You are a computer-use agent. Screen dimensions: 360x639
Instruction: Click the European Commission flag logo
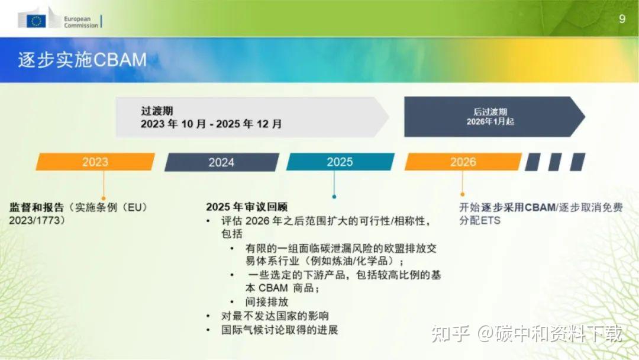tap(37, 21)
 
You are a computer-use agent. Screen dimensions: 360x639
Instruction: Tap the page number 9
tap(622, 19)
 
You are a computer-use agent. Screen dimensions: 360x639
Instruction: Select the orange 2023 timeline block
tap(95, 162)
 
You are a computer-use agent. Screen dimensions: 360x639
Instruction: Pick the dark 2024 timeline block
tap(221, 162)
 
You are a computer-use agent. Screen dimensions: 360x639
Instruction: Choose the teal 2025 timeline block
tap(340, 162)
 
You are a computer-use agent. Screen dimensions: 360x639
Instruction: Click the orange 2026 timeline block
tap(463, 162)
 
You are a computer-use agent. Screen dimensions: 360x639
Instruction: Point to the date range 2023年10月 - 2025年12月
tap(211, 124)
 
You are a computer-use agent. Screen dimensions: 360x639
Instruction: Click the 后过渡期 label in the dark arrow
tap(490, 111)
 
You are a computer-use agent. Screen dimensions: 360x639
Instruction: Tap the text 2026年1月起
tap(490, 121)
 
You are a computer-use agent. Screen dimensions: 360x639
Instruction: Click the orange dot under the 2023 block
tap(103, 198)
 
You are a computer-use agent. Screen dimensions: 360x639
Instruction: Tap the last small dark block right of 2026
tap(577, 162)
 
